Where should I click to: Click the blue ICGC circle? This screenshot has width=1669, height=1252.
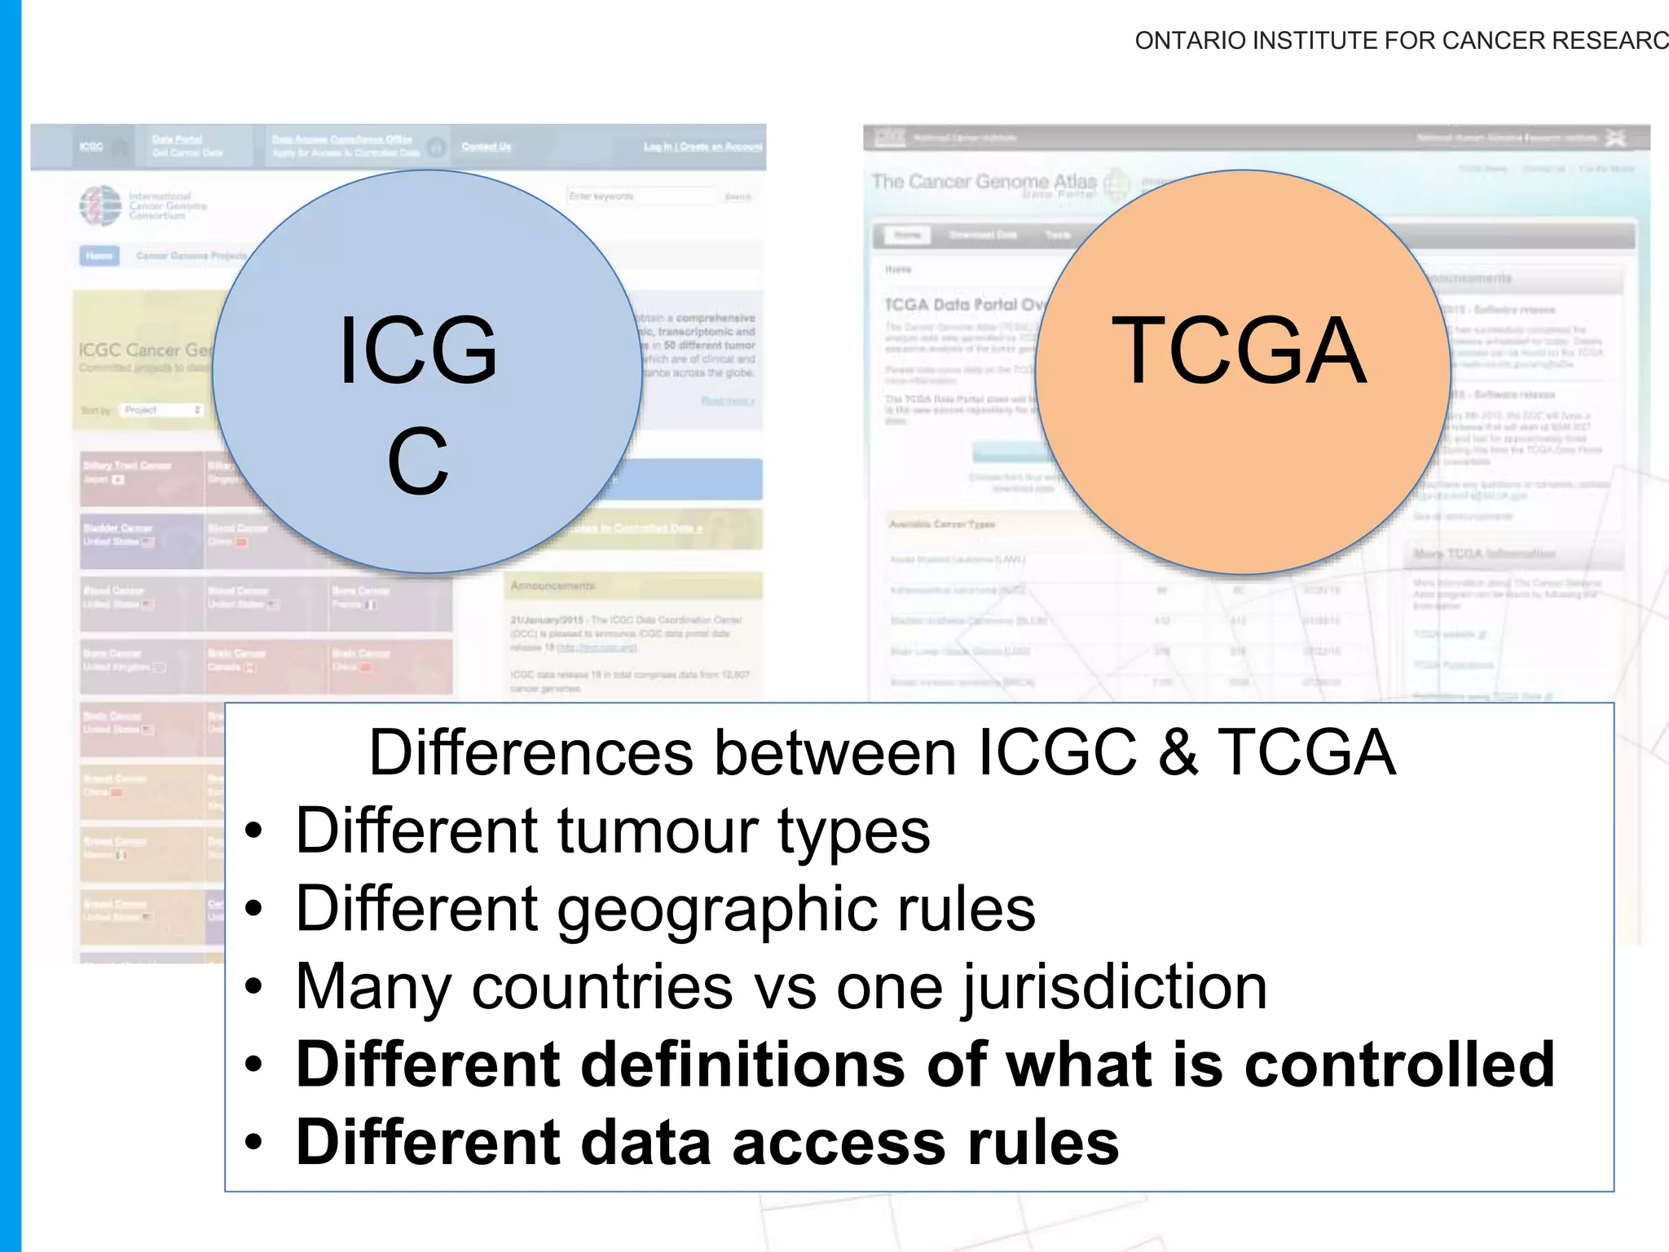click(x=427, y=372)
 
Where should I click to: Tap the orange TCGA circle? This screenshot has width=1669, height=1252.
click(x=1242, y=372)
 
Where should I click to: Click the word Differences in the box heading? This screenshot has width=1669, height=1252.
click(x=531, y=752)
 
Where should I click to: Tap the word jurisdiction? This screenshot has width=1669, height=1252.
click(x=1114, y=988)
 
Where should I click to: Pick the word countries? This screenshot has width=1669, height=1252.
click(x=602, y=988)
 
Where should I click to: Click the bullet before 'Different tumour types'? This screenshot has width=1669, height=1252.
click(x=254, y=832)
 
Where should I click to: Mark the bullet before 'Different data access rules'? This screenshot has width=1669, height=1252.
click(x=254, y=1143)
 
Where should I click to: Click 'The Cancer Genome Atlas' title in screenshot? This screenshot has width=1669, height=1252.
click(x=984, y=181)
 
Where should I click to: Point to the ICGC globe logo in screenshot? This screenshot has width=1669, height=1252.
click(x=100, y=205)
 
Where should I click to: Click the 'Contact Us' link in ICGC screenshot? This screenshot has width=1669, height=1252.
click(x=486, y=147)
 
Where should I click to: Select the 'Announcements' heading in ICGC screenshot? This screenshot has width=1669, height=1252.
click(x=553, y=586)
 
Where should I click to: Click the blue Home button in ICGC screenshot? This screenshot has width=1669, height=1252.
click(x=99, y=256)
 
